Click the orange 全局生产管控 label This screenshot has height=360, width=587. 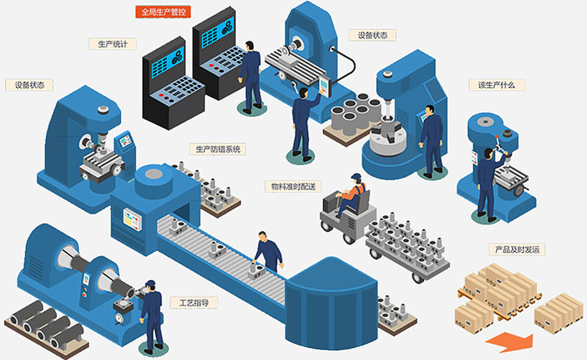click(x=162, y=12)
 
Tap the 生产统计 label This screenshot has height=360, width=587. click(x=113, y=44)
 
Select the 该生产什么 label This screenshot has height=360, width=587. click(x=497, y=85)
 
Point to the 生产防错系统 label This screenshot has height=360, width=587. click(x=218, y=149)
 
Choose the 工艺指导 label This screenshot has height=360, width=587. click(x=194, y=303)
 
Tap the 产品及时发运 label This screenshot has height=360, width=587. click(x=517, y=249)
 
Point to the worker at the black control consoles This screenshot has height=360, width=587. click(x=251, y=73)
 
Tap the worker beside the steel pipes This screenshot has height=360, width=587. click(x=151, y=315)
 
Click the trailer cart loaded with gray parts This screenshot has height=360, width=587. click(x=407, y=248)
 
